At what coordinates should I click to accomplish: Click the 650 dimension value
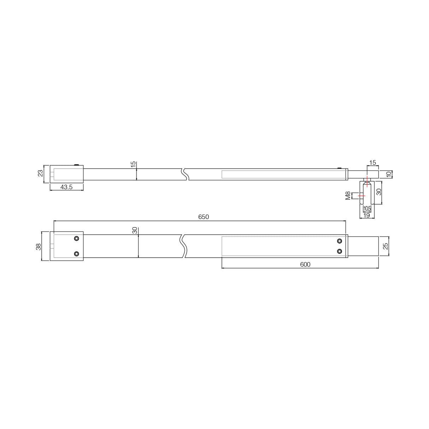pyautogui.click(x=204, y=217)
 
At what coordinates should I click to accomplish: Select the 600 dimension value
pyautogui.click(x=305, y=264)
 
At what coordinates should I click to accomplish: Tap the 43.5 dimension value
pyautogui.click(x=66, y=187)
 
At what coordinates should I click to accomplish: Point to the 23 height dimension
pyautogui.click(x=40, y=173)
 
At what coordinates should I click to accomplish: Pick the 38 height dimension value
pyautogui.click(x=39, y=247)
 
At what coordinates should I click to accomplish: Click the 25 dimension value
pyautogui.click(x=386, y=246)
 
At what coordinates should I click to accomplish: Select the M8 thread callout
pyautogui.click(x=348, y=195)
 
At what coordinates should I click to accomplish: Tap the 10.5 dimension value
pyautogui.click(x=367, y=208)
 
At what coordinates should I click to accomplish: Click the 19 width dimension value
pyautogui.click(x=366, y=215)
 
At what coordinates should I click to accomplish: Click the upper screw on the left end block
pyautogui.click(x=76, y=239)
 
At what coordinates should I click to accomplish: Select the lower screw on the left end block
pyautogui.click(x=76, y=254)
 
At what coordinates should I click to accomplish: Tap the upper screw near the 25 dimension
pyautogui.click(x=340, y=241)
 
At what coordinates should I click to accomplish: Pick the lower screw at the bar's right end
pyautogui.click(x=340, y=251)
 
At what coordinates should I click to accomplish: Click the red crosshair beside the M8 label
pyautogui.click(x=361, y=195)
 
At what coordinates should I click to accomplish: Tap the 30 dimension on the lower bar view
pyautogui.click(x=135, y=230)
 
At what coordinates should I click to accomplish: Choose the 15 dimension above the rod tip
pyautogui.click(x=372, y=163)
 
